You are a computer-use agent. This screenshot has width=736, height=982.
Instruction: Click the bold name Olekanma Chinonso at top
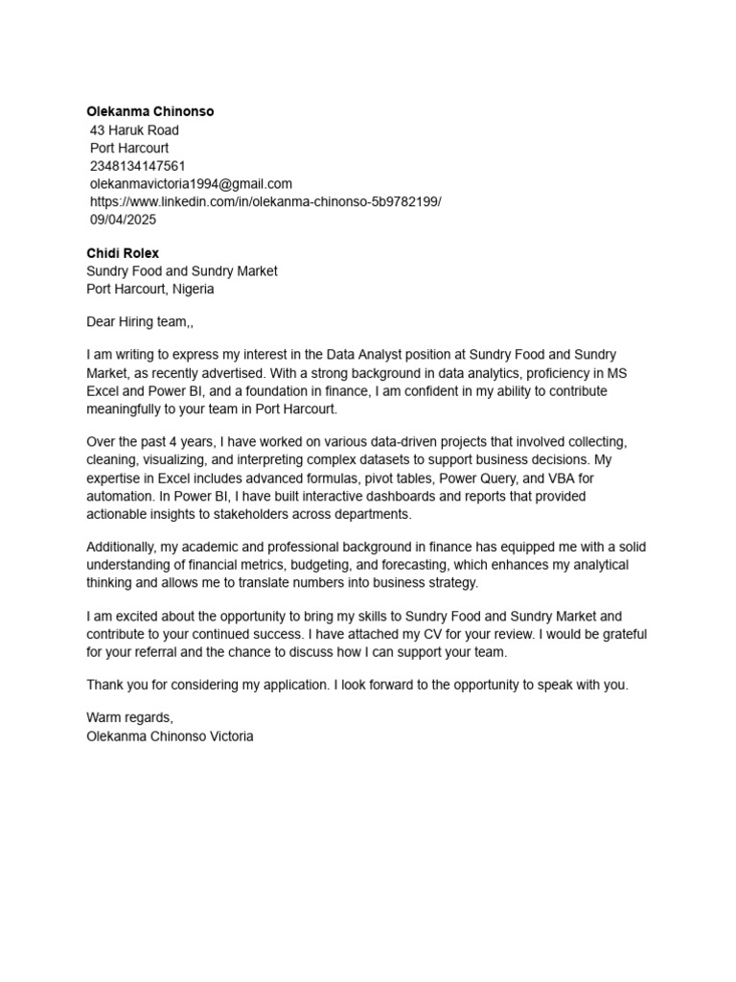[x=150, y=112]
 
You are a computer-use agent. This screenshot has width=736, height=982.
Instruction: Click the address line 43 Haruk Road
[x=134, y=130]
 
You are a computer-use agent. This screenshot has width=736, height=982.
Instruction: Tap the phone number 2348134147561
[x=138, y=166]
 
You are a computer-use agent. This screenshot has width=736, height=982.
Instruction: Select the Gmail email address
[x=191, y=184]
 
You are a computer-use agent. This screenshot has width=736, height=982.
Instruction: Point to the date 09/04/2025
[x=123, y=220]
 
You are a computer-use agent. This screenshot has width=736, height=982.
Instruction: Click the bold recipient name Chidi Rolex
[x=123, y=254]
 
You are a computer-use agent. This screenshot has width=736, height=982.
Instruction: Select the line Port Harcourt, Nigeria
[x=150, y=289]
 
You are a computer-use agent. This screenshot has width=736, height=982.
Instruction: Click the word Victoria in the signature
[x=227, y=737]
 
